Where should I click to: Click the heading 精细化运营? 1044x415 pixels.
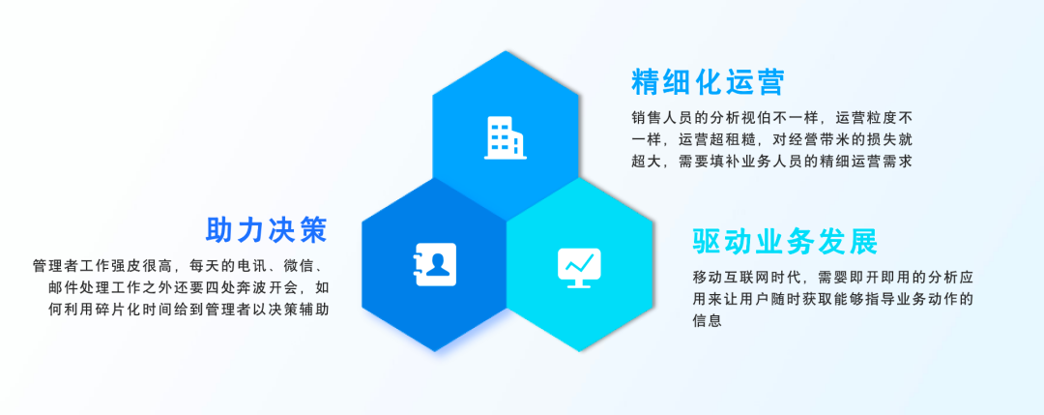(x=708, y=82)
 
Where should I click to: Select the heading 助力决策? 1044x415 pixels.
(x=267, y=230)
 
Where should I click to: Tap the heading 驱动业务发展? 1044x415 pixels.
(x=785, y=241)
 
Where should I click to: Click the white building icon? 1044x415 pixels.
(x=506, y=138)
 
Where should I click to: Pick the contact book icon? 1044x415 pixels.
(x=435, y=264)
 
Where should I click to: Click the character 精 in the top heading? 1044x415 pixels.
(x=647, y=82)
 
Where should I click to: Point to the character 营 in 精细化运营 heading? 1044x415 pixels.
(x=769, y=82)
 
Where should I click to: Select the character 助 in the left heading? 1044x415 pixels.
(x=220, y=230)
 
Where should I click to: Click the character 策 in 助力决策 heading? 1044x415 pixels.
(x=313, y=230)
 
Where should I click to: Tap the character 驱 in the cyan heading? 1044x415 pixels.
(x=708, y=241)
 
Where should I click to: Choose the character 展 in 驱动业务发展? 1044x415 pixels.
(x=863, y=241)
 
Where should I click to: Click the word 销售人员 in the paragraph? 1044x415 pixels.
(x=660, y=118)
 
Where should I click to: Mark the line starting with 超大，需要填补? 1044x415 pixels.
(x=771, y=162)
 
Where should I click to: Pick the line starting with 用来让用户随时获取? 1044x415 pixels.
(x=833, y=299)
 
